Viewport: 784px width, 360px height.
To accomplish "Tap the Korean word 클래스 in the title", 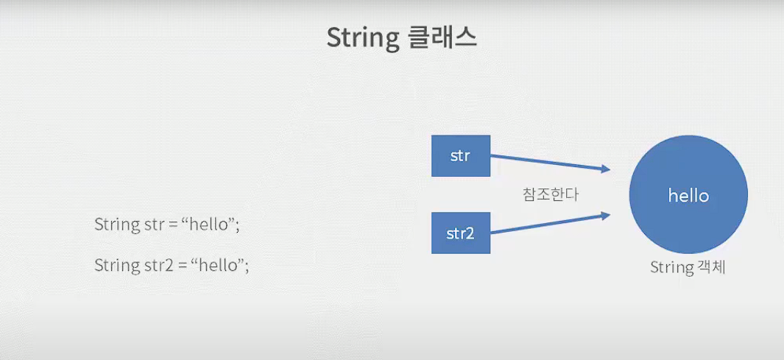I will point(442,38).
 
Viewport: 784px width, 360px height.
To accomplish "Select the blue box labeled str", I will point(461,156).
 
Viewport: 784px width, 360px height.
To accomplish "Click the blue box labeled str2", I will point(461,233).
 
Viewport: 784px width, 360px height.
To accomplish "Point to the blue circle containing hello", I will point(688,197).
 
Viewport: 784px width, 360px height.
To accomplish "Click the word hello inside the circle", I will point(688,197).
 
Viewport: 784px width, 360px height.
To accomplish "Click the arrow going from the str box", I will point(548,163).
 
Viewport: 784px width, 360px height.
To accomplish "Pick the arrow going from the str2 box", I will point(548,224).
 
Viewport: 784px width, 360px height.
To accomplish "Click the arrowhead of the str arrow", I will point(607,169).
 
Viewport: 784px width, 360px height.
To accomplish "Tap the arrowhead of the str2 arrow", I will point(607,215).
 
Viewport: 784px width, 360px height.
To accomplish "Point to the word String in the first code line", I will point(114,225).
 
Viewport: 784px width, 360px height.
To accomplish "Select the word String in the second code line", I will point(114,265).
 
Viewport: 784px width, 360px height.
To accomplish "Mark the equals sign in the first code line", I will point(174,225).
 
